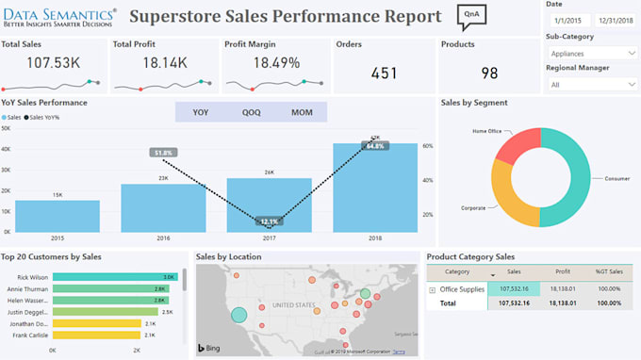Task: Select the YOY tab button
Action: [x=201, y=112]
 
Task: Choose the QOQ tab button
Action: [x=251, y=112]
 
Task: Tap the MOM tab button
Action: [x=301, y=112]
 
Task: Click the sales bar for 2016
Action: [x=163, y=207]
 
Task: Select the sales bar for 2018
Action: [x=375, y=188]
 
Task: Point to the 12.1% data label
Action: [x=270, y=221]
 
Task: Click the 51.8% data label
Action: [x=163, y=152]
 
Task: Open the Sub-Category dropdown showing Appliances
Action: [x=590, y=54]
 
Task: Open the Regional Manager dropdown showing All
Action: [x=590, y=84]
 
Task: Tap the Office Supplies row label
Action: [x=461, y=289]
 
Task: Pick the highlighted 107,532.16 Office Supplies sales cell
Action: [x=514, y=289]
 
